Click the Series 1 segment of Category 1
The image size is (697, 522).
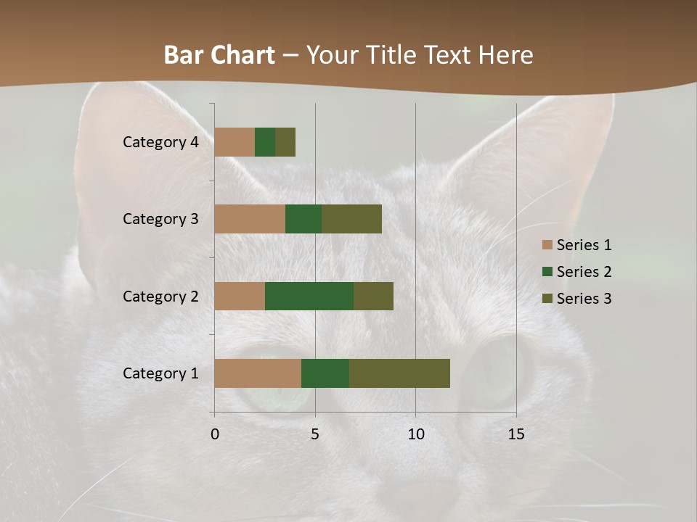(x=258, y=373)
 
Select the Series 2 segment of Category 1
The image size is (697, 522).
(x=325, y=373)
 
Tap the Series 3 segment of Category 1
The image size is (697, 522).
(x=399, y=373)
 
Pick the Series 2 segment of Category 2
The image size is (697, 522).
(x=309, y=296)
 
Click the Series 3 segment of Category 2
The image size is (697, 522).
(x=373, y=296)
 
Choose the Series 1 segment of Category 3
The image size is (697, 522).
(x=250, y=219)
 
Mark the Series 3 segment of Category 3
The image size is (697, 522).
(x=351, y=219)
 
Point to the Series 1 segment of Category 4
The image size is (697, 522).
(x=235, y=142)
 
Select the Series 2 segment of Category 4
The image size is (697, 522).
(x=265, y=142)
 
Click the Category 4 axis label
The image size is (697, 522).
(x=160, y=142)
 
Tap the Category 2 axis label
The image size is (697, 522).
(x=160, y=296)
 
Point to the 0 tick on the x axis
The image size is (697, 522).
(x=215, y=434)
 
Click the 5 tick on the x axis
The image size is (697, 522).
(x=315, y=434)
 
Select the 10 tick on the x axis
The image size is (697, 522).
(x=415, y=434)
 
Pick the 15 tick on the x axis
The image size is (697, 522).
(x=516, y=434)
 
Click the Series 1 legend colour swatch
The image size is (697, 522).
(x=547, y=245)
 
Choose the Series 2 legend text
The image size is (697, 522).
(x=584, y=272)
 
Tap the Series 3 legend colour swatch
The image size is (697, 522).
(x=547, y=299)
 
